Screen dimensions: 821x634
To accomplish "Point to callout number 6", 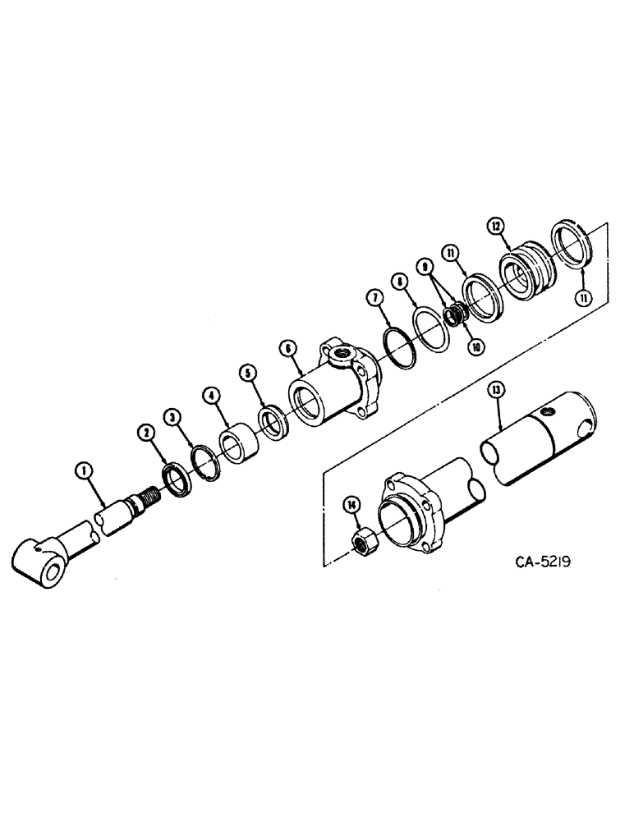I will click(290, 348).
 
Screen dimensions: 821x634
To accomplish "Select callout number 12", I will click(495, 224).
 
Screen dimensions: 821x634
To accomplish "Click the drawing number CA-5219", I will click(544, 562).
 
